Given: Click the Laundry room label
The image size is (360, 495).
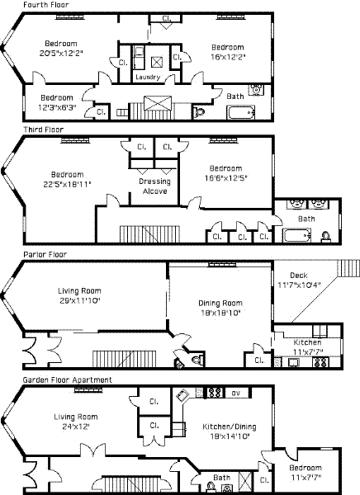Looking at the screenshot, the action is tap(148, 77).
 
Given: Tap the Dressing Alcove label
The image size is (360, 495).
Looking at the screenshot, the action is tap(155, 186).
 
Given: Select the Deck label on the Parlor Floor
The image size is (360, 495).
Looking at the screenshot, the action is tap(299, 276).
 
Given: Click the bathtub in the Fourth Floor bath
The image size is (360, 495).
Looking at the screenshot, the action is tap(241, 113).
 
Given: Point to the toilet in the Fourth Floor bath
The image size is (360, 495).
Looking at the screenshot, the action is tap(199, 113).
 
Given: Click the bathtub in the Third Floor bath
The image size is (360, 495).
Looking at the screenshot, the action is tap(297, 235).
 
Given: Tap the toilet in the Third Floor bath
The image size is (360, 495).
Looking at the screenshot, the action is tap(326, 237).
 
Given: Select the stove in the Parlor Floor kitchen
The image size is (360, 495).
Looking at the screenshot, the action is tap(320, 362).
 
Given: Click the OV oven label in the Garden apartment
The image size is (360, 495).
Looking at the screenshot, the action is tap(236, 393).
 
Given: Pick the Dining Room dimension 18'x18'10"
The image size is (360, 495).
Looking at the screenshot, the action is tap(220, 313).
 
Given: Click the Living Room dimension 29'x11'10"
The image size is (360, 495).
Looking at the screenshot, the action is tap(80, 300).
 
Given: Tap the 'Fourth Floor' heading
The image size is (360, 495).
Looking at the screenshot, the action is tap(46, 5).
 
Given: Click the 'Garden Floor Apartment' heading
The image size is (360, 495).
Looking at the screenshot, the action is tap(68, 379).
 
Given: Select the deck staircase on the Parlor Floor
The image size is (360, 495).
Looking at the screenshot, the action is tap(348, 268).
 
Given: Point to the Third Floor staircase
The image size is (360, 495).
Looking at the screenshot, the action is tap(149, 234).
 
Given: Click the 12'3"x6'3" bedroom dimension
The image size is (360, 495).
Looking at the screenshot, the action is tap(57, 107).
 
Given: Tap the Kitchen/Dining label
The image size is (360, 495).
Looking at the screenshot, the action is tap(230, 427).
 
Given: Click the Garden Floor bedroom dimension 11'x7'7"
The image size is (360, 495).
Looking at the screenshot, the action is tap(306, 478).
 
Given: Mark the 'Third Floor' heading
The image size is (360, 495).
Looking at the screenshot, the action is tap(44, 130).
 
